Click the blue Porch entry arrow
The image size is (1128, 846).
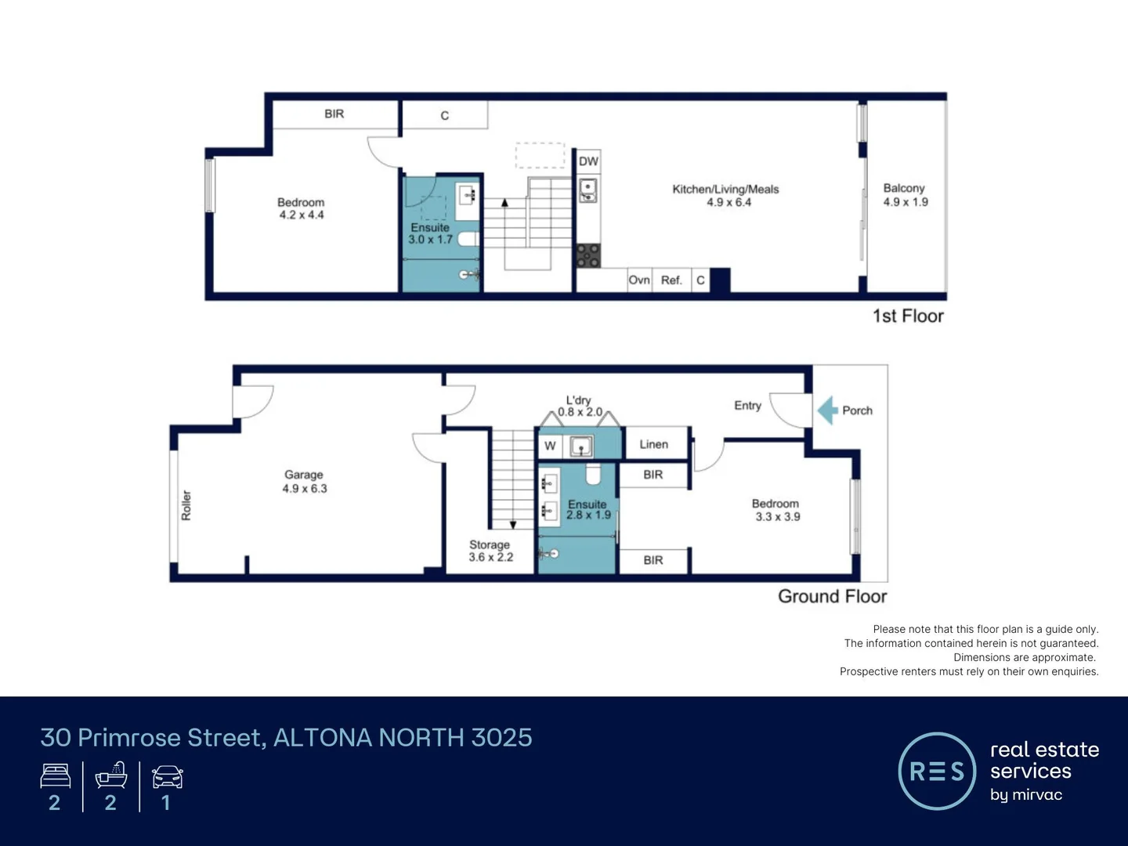pyautogui.click(x=827, y=410)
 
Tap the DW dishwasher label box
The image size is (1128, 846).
pyautogui.click(x=588, y=161)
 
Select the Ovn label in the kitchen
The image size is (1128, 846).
pyautogui.click(x=639, y=280)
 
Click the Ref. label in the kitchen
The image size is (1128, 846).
pyautogui.click(x=671, y=280)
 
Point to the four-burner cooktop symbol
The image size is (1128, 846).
pyautogui.click(x=588, y=255)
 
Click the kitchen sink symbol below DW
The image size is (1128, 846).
pyautogui.click(x=587, y=190)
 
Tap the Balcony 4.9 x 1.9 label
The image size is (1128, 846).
pyautogui.click(x=905, y=195)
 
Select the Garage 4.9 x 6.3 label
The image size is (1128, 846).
pyautogui.click(x=304, y=482)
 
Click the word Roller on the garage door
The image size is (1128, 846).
pyautogui.click(x=186, y=505)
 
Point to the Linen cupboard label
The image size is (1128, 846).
pyautogui.click(x=653, y=444)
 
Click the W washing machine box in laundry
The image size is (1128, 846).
pyautogui.click(x=550, y=446)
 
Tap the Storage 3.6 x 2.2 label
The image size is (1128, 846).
pyautogui.click(x=490, y=551)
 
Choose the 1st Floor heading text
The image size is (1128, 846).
pyautogui.click(x=908, y=316)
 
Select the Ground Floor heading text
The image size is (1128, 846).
pyautogui.click(x=832, y=596)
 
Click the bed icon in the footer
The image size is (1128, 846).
pyautogui.click(x=55, y=776)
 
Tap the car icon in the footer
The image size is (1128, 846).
pyautogui.click(x=167, y=777)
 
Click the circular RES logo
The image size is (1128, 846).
pyautogui.click(x=937, y=772)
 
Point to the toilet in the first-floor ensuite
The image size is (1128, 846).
pyautogui.click(x=468, y=239)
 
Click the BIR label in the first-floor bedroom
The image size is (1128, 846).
pyautogui.click(x=334, y=114)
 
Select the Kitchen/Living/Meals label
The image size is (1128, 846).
pyautogui.click(x=725, y=196)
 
